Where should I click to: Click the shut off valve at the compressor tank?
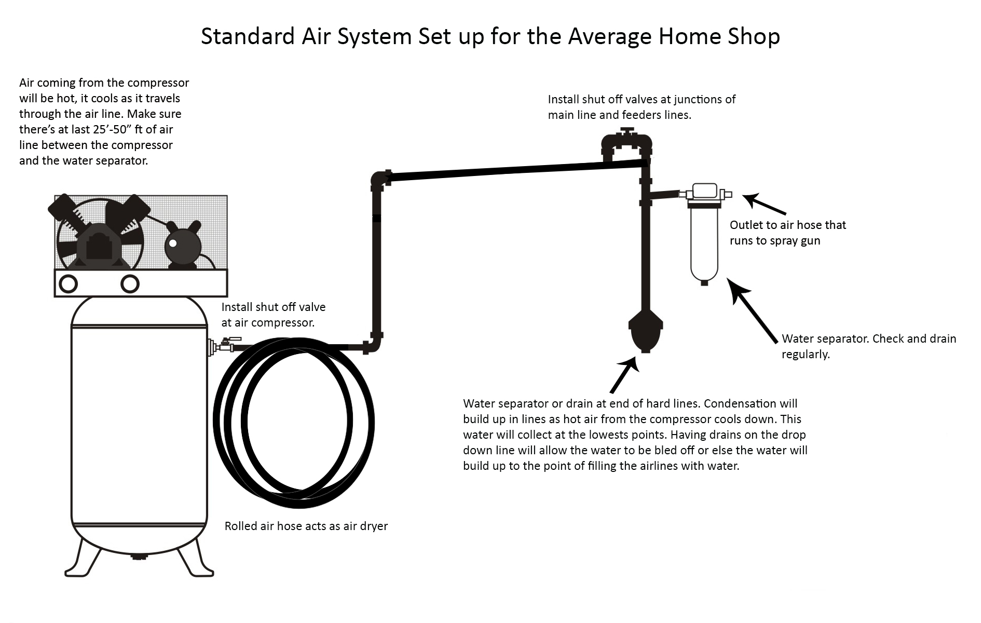(225, 344)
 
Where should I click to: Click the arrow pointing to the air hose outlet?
(765, 204)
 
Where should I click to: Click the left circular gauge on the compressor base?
(69, 284)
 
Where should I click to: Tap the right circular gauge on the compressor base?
(130, 284)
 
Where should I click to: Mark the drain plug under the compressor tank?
(139, 557)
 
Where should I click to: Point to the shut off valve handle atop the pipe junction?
(628, 131)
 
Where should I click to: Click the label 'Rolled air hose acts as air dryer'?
(306, 526)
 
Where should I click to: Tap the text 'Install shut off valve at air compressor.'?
(274, 315)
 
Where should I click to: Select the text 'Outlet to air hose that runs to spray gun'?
(788, 233)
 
